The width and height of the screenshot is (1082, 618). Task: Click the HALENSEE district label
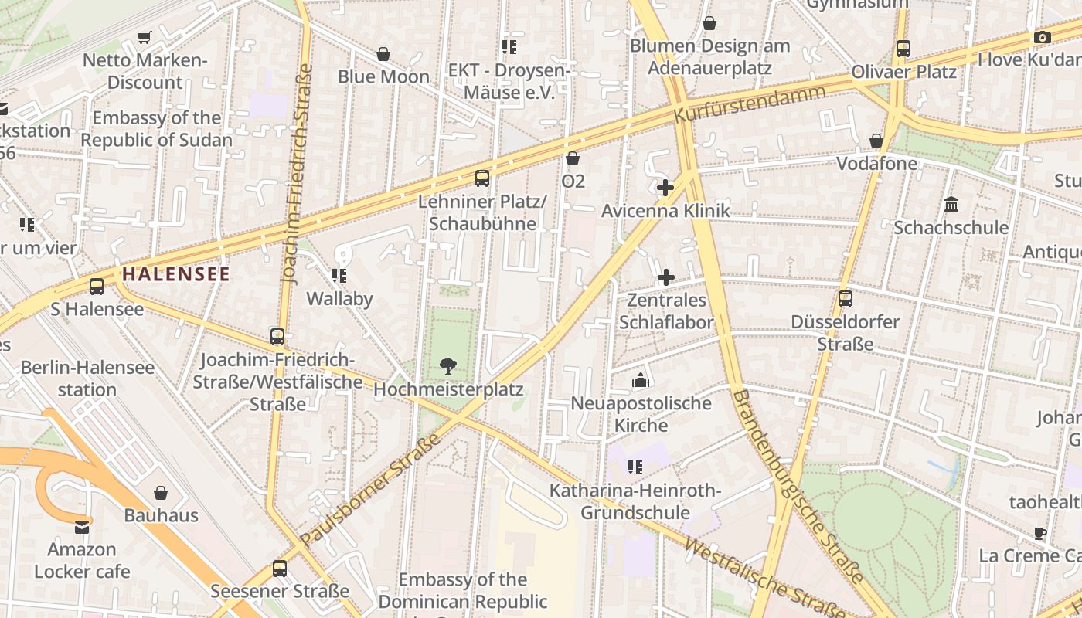(175, 274)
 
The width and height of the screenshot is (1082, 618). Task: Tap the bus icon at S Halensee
(97, 287)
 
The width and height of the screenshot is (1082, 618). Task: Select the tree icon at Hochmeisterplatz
(447, 366)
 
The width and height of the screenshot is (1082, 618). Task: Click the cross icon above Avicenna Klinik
(665, 188)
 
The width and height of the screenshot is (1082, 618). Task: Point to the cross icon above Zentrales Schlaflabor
(665, 277)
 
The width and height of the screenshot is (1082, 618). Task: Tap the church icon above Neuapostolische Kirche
(640, 380)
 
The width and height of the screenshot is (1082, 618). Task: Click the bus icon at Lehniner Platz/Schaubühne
(482, 178)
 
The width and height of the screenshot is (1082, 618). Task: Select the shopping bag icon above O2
(573, 159)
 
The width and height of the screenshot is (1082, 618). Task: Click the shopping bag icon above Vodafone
(876, 141)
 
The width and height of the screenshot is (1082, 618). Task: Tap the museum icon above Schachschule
(951, 205)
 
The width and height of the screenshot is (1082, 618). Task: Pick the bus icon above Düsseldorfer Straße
(846, 299)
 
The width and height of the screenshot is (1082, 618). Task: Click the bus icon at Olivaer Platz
(903, 49)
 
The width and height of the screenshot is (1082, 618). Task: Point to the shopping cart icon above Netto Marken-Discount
(144, 37)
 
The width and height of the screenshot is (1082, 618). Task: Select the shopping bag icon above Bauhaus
(161, 493)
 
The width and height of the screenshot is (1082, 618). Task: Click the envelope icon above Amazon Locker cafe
(81, 528)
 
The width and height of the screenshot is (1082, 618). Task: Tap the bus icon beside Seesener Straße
(280, 569)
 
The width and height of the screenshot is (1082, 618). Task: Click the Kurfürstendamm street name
(749, 104)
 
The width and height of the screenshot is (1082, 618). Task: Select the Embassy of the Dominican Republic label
(463, 590)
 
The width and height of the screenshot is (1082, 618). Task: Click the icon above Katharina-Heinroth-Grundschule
(635, 467)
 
